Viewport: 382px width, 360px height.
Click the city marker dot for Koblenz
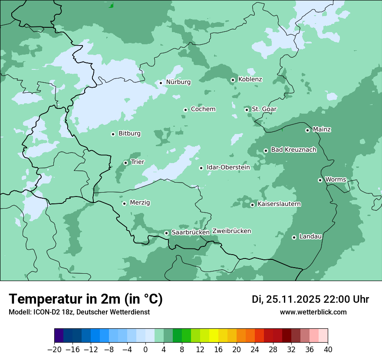pos(233,80)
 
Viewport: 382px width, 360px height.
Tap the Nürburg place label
pos(178,82)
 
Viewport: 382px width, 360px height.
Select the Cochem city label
pos(203,109)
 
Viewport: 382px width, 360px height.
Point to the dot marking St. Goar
pos(247,110)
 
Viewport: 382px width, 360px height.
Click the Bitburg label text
pos(129,134)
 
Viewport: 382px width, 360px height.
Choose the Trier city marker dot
pos(125,163)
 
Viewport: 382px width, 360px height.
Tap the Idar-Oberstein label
pos(228,167)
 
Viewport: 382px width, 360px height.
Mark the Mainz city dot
pos(307,130)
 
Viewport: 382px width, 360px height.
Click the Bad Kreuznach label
pos(293,150)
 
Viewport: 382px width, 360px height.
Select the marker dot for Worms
pos(320,180)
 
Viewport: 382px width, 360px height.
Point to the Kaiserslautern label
pos(279,204)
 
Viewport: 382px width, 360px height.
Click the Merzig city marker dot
pos(124,203)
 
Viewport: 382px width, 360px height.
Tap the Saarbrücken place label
pos(190,232)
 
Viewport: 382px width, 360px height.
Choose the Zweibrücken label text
pos(231,231)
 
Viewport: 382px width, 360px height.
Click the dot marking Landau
pos(294,237)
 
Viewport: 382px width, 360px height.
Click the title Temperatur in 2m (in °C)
pos(86,299)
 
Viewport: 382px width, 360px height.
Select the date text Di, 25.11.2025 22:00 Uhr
pos(310,299)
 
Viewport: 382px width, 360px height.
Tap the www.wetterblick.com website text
pos(313,312)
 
